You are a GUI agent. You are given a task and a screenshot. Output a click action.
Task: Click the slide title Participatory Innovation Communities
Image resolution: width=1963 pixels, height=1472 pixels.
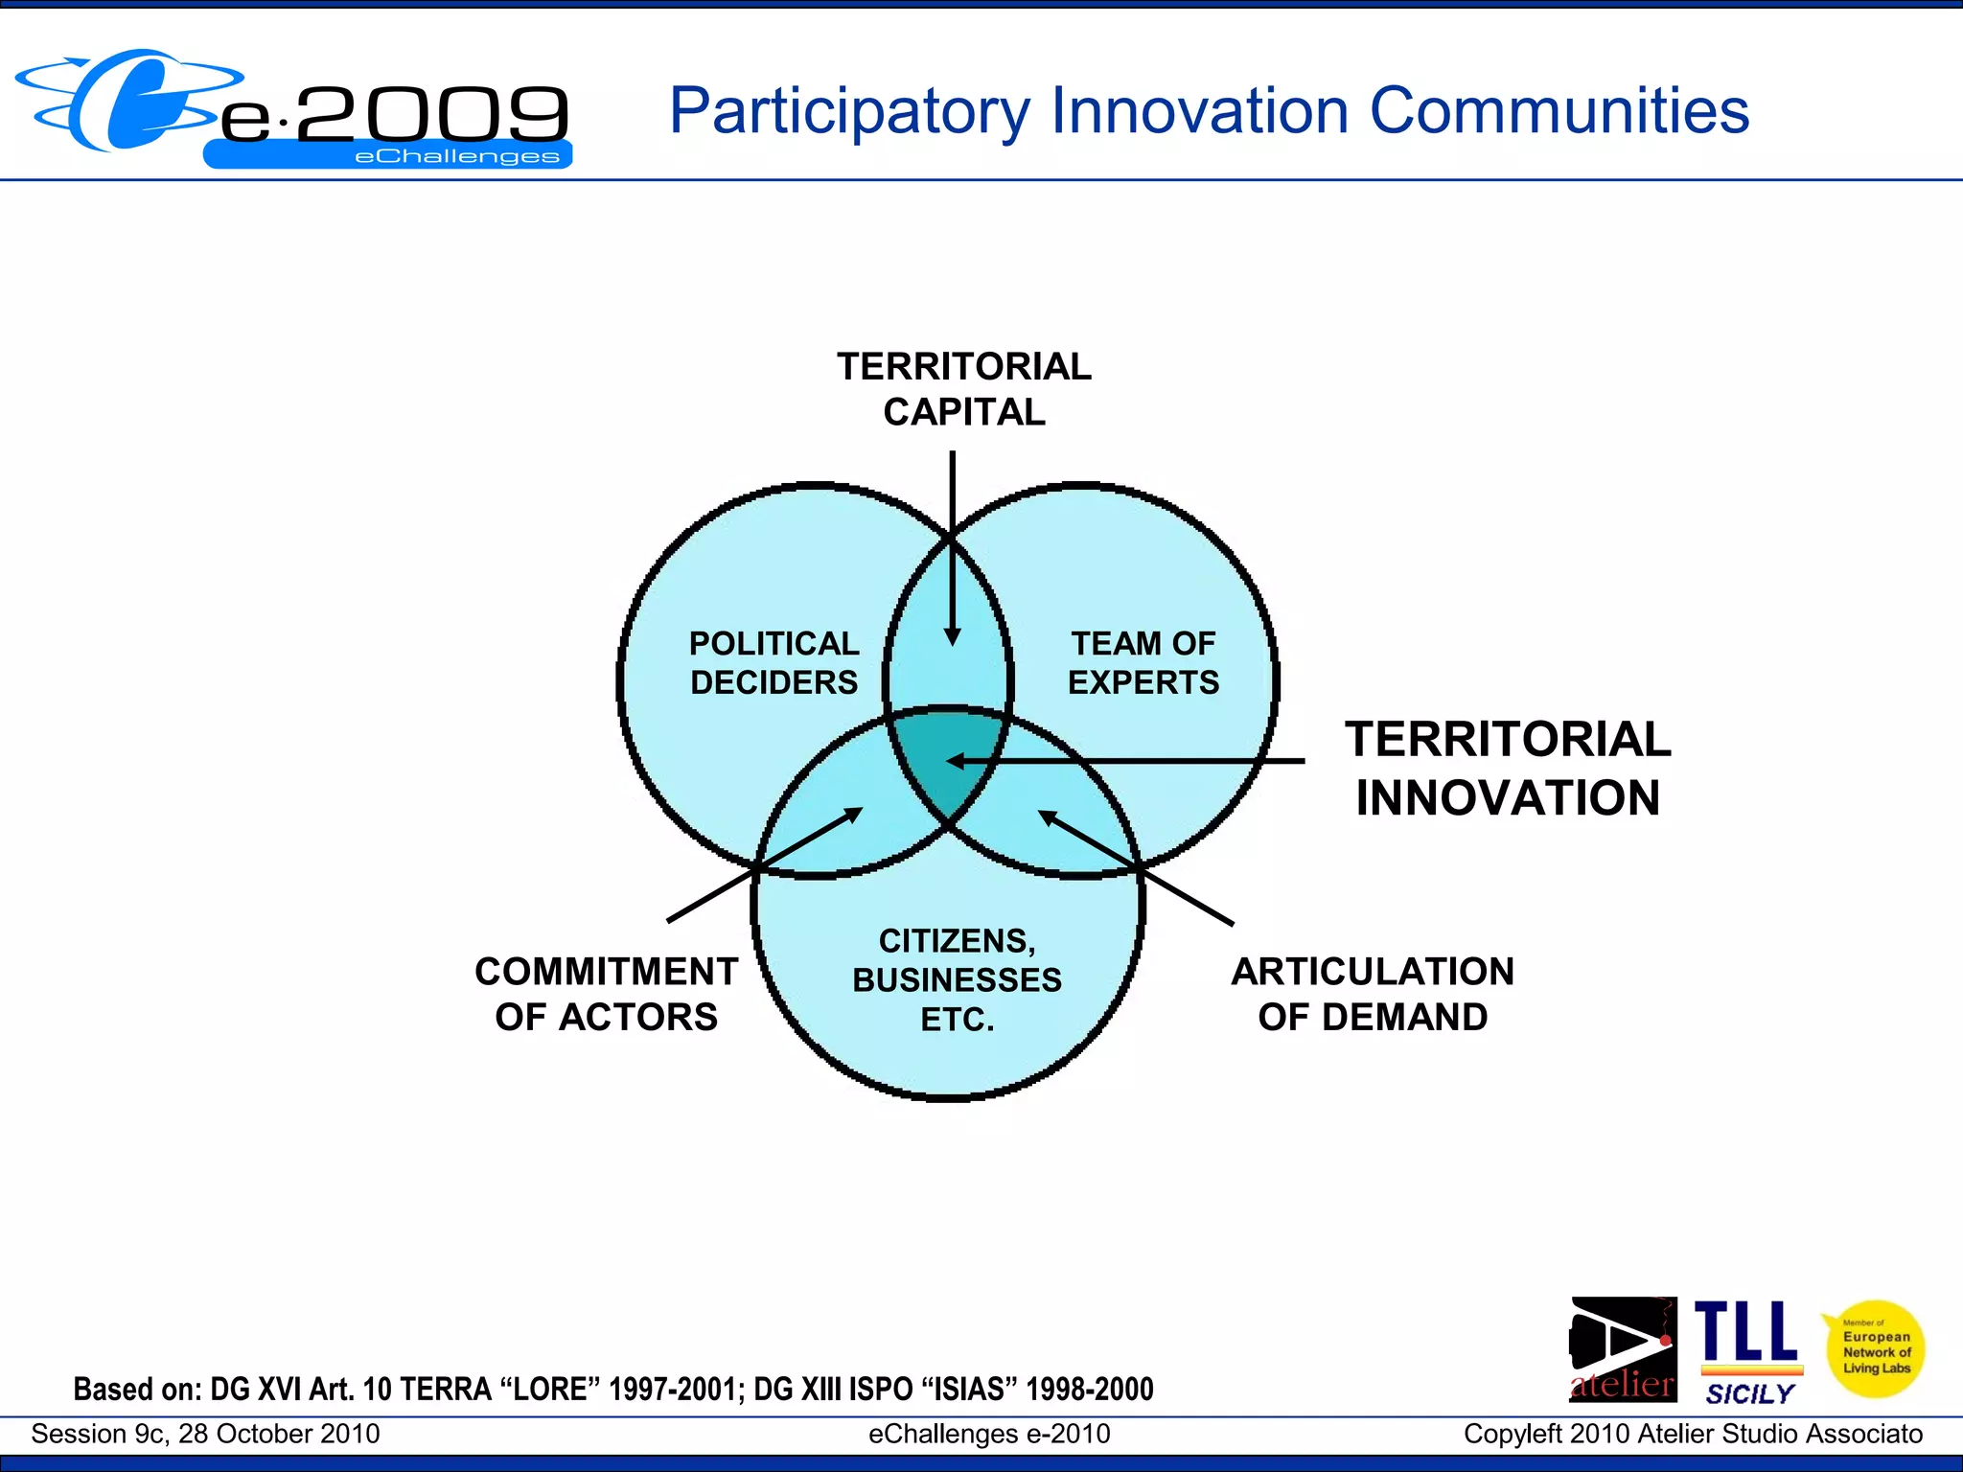[1209, 111]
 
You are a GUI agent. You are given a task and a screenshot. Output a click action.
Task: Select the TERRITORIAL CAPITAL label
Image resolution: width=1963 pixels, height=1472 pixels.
[963, 389]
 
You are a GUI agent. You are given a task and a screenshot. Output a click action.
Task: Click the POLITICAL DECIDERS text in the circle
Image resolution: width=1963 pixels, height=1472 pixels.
[774, 662]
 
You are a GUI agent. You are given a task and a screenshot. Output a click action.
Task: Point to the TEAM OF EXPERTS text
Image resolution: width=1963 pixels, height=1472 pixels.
[1143, 662]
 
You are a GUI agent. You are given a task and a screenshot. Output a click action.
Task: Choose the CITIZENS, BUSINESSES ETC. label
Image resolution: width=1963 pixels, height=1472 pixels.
[957, 979]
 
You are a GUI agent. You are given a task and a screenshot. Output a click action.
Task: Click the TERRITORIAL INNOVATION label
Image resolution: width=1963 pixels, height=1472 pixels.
[1508, 769]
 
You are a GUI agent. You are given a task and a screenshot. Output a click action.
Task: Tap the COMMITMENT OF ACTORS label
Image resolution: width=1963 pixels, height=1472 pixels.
[606, 994]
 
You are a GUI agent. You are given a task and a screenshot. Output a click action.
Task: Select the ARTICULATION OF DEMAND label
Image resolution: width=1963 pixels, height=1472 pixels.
[1373, 994]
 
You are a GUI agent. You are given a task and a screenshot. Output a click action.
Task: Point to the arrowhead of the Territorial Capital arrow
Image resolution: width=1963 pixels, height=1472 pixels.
[952, 637]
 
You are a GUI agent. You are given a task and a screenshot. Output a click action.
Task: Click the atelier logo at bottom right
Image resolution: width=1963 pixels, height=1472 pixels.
[1623, 1349]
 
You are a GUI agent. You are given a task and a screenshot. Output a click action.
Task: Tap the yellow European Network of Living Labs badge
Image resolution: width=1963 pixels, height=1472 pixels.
[1875, 1349]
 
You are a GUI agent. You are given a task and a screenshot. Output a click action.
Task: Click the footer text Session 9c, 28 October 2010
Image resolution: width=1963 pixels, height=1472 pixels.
[205, 1434]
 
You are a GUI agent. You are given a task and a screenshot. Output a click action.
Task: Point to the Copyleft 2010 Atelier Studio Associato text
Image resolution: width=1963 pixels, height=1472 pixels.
[1693, 1434]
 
